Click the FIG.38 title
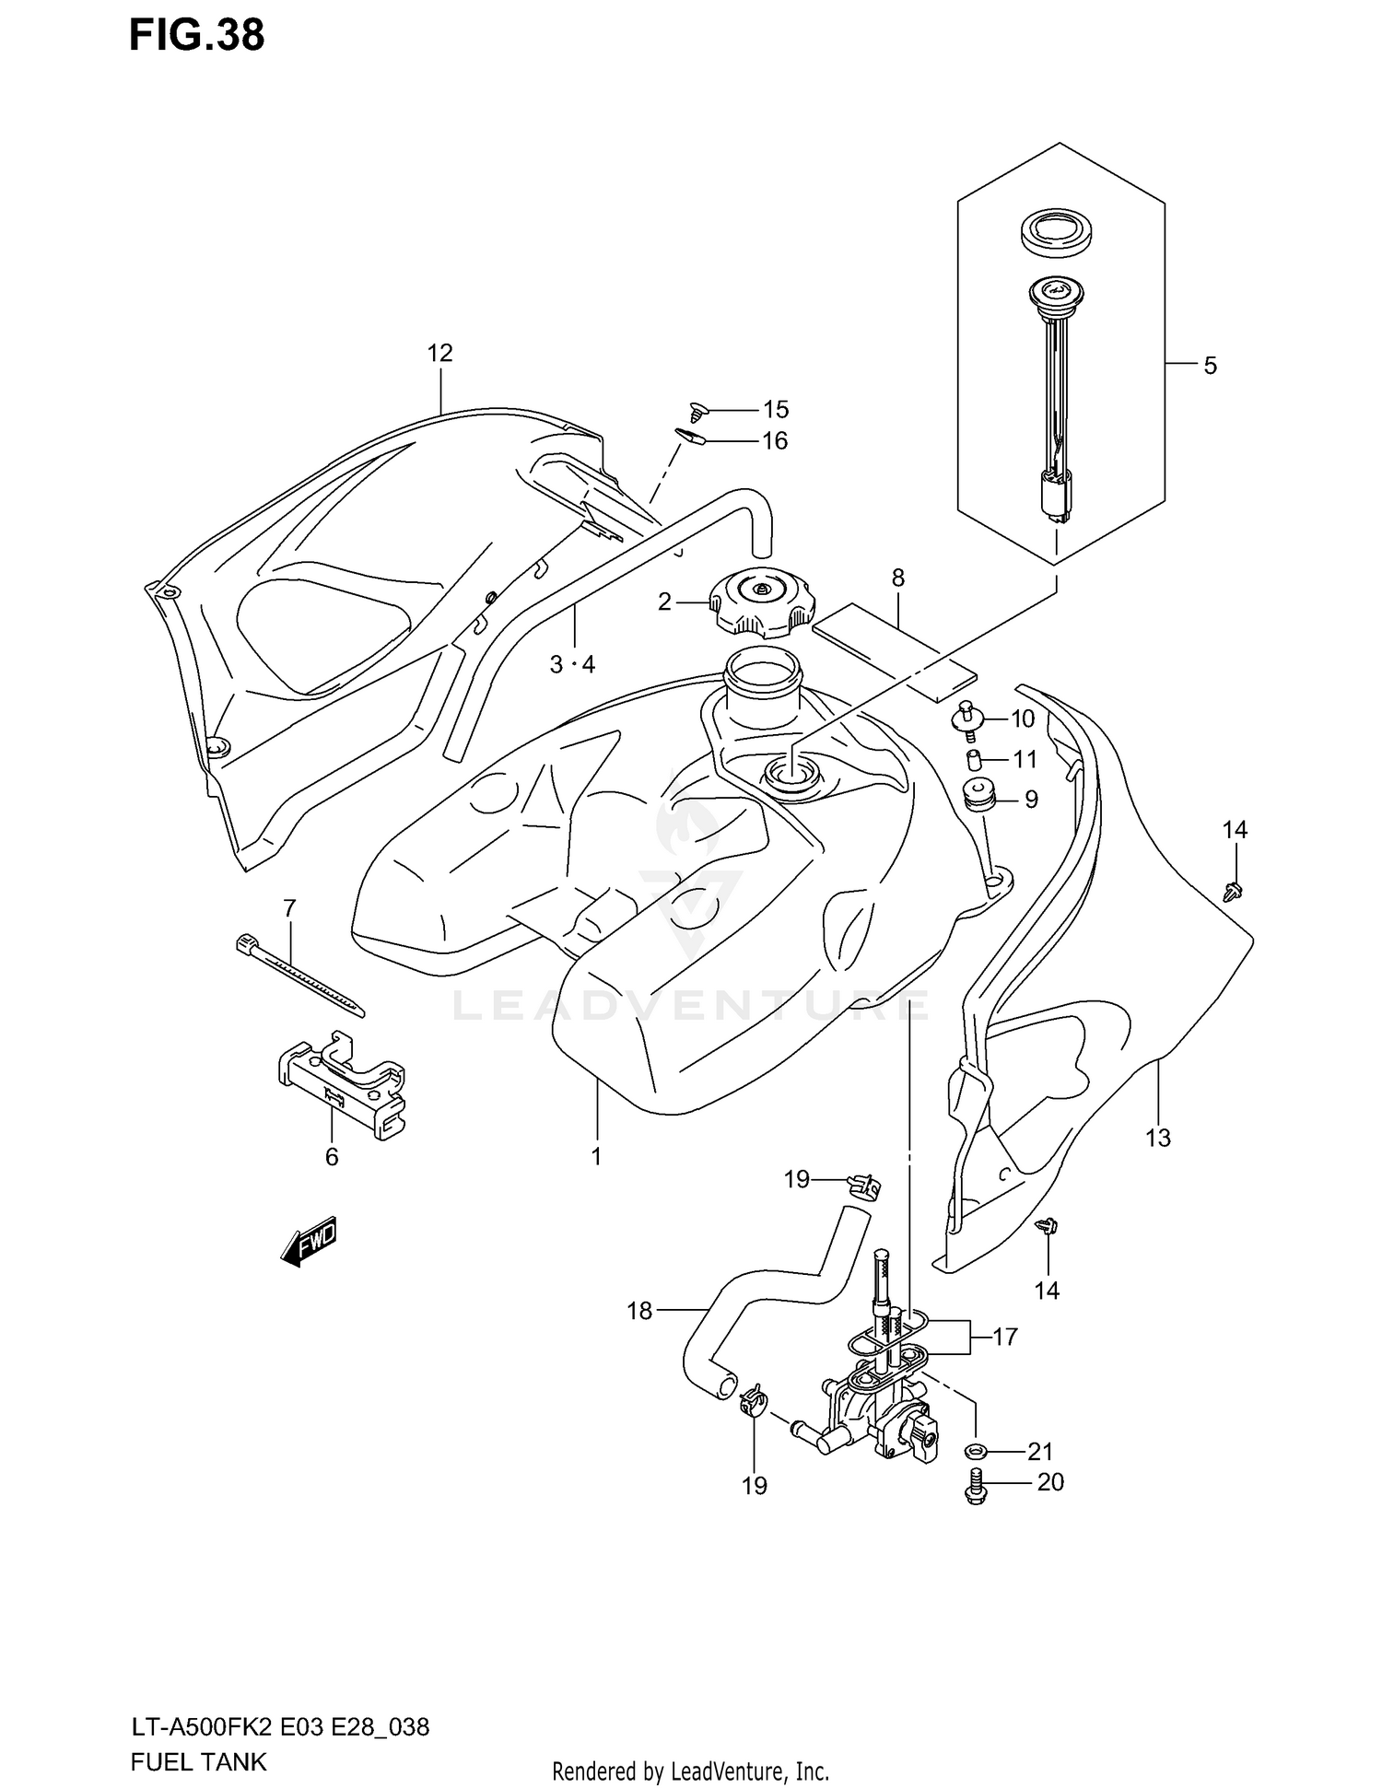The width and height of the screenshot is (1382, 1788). coord(196,35)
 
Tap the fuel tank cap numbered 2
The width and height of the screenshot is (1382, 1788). coord(760,602)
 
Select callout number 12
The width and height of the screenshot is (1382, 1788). coord(440,353)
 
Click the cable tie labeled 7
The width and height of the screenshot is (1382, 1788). coord(299,974)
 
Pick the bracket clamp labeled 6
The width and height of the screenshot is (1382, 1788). coord(343,1082)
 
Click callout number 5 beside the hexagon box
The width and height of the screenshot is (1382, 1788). coord(1210,366)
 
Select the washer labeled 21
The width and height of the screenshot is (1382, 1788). coord(976,1453)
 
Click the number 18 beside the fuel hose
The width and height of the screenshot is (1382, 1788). coord(639,1311)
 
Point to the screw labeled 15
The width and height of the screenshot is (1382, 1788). coord(697,411)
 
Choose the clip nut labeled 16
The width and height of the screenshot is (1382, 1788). coord(691,437)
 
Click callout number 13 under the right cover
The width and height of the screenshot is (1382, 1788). coord(1157,1138)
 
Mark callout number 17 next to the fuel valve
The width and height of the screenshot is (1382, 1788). coord(1004,1336)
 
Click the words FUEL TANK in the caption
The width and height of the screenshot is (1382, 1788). coord(200,1761)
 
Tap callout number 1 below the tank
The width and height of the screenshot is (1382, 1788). coord(596,1156)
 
